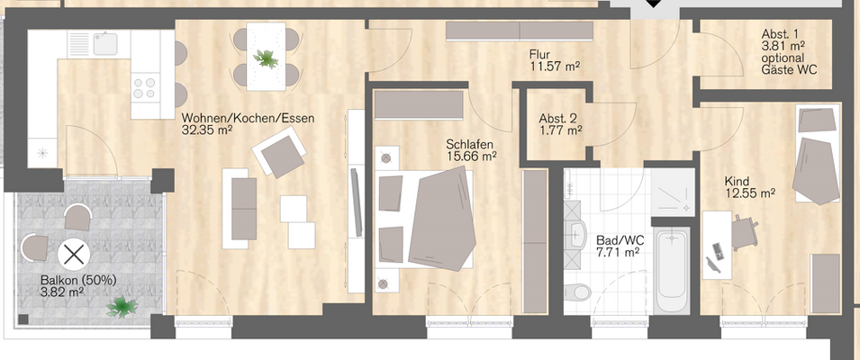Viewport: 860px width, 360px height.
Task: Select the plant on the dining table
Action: tap(267, 59)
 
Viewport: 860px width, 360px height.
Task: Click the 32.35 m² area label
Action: tap(208, 130)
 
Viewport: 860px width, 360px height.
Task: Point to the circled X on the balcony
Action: tap(72, 255)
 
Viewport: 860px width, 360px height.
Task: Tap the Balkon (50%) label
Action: tap(78, 280)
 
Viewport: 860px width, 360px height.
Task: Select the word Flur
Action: tap(540, 54)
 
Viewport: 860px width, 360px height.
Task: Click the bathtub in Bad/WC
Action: tap(673, 267)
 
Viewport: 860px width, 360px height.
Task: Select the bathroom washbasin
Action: tap(577, 235)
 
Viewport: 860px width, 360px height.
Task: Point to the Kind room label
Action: tap(737, 180)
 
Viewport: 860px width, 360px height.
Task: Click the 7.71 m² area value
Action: tap(618, 253)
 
